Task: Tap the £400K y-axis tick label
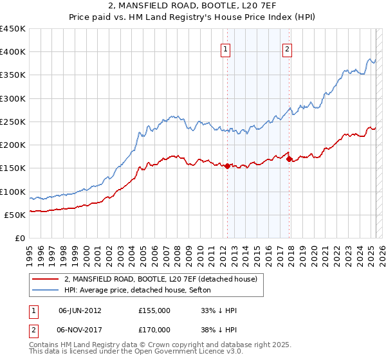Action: point(13,52)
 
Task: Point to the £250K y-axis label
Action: point(13,122)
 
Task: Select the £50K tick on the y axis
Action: point(15,215)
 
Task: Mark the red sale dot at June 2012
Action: point(227,166)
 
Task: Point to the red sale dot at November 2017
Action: point(289,159)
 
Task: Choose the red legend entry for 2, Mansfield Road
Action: point(160,279)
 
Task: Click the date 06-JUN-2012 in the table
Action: point(80,310)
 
